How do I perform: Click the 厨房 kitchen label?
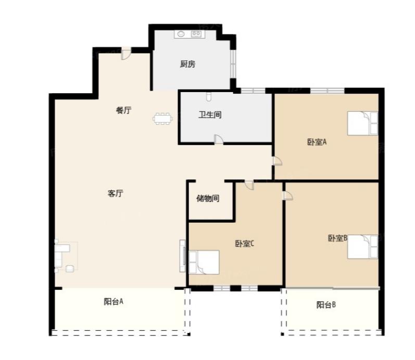pos(187,64)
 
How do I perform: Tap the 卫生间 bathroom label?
pos(210,115)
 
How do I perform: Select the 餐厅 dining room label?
pos(123,110)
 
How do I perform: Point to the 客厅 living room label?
pos(116,194)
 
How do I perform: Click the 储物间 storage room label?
pos(208,198)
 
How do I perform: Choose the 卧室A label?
pos(317,142)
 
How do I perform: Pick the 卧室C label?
pos(245,243)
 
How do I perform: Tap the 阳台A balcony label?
pos(114,302)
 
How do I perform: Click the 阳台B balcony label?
pos(326,305)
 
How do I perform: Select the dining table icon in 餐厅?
pos(162,119)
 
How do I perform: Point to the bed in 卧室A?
pos(362,123)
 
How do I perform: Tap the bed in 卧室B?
pos(362,247)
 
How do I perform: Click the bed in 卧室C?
pos(204,262)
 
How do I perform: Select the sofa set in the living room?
pos(66,256)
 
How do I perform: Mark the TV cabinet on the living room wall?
pos(183,256)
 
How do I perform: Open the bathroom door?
pos(219,139)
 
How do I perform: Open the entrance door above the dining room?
pos(126,54)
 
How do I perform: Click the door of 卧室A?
pos(277,161)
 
